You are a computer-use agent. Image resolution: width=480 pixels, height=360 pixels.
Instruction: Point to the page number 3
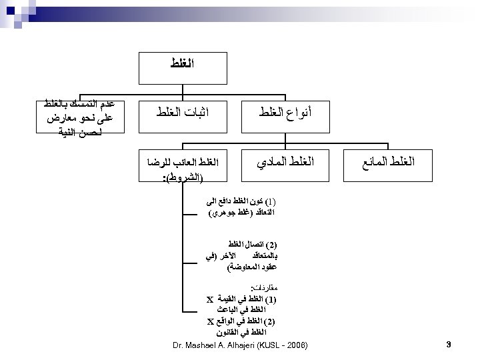pyautogui.click(x=449, y=345)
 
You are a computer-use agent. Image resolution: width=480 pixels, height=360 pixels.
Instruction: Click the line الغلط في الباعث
pyautogui.click(x=246, y=311)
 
